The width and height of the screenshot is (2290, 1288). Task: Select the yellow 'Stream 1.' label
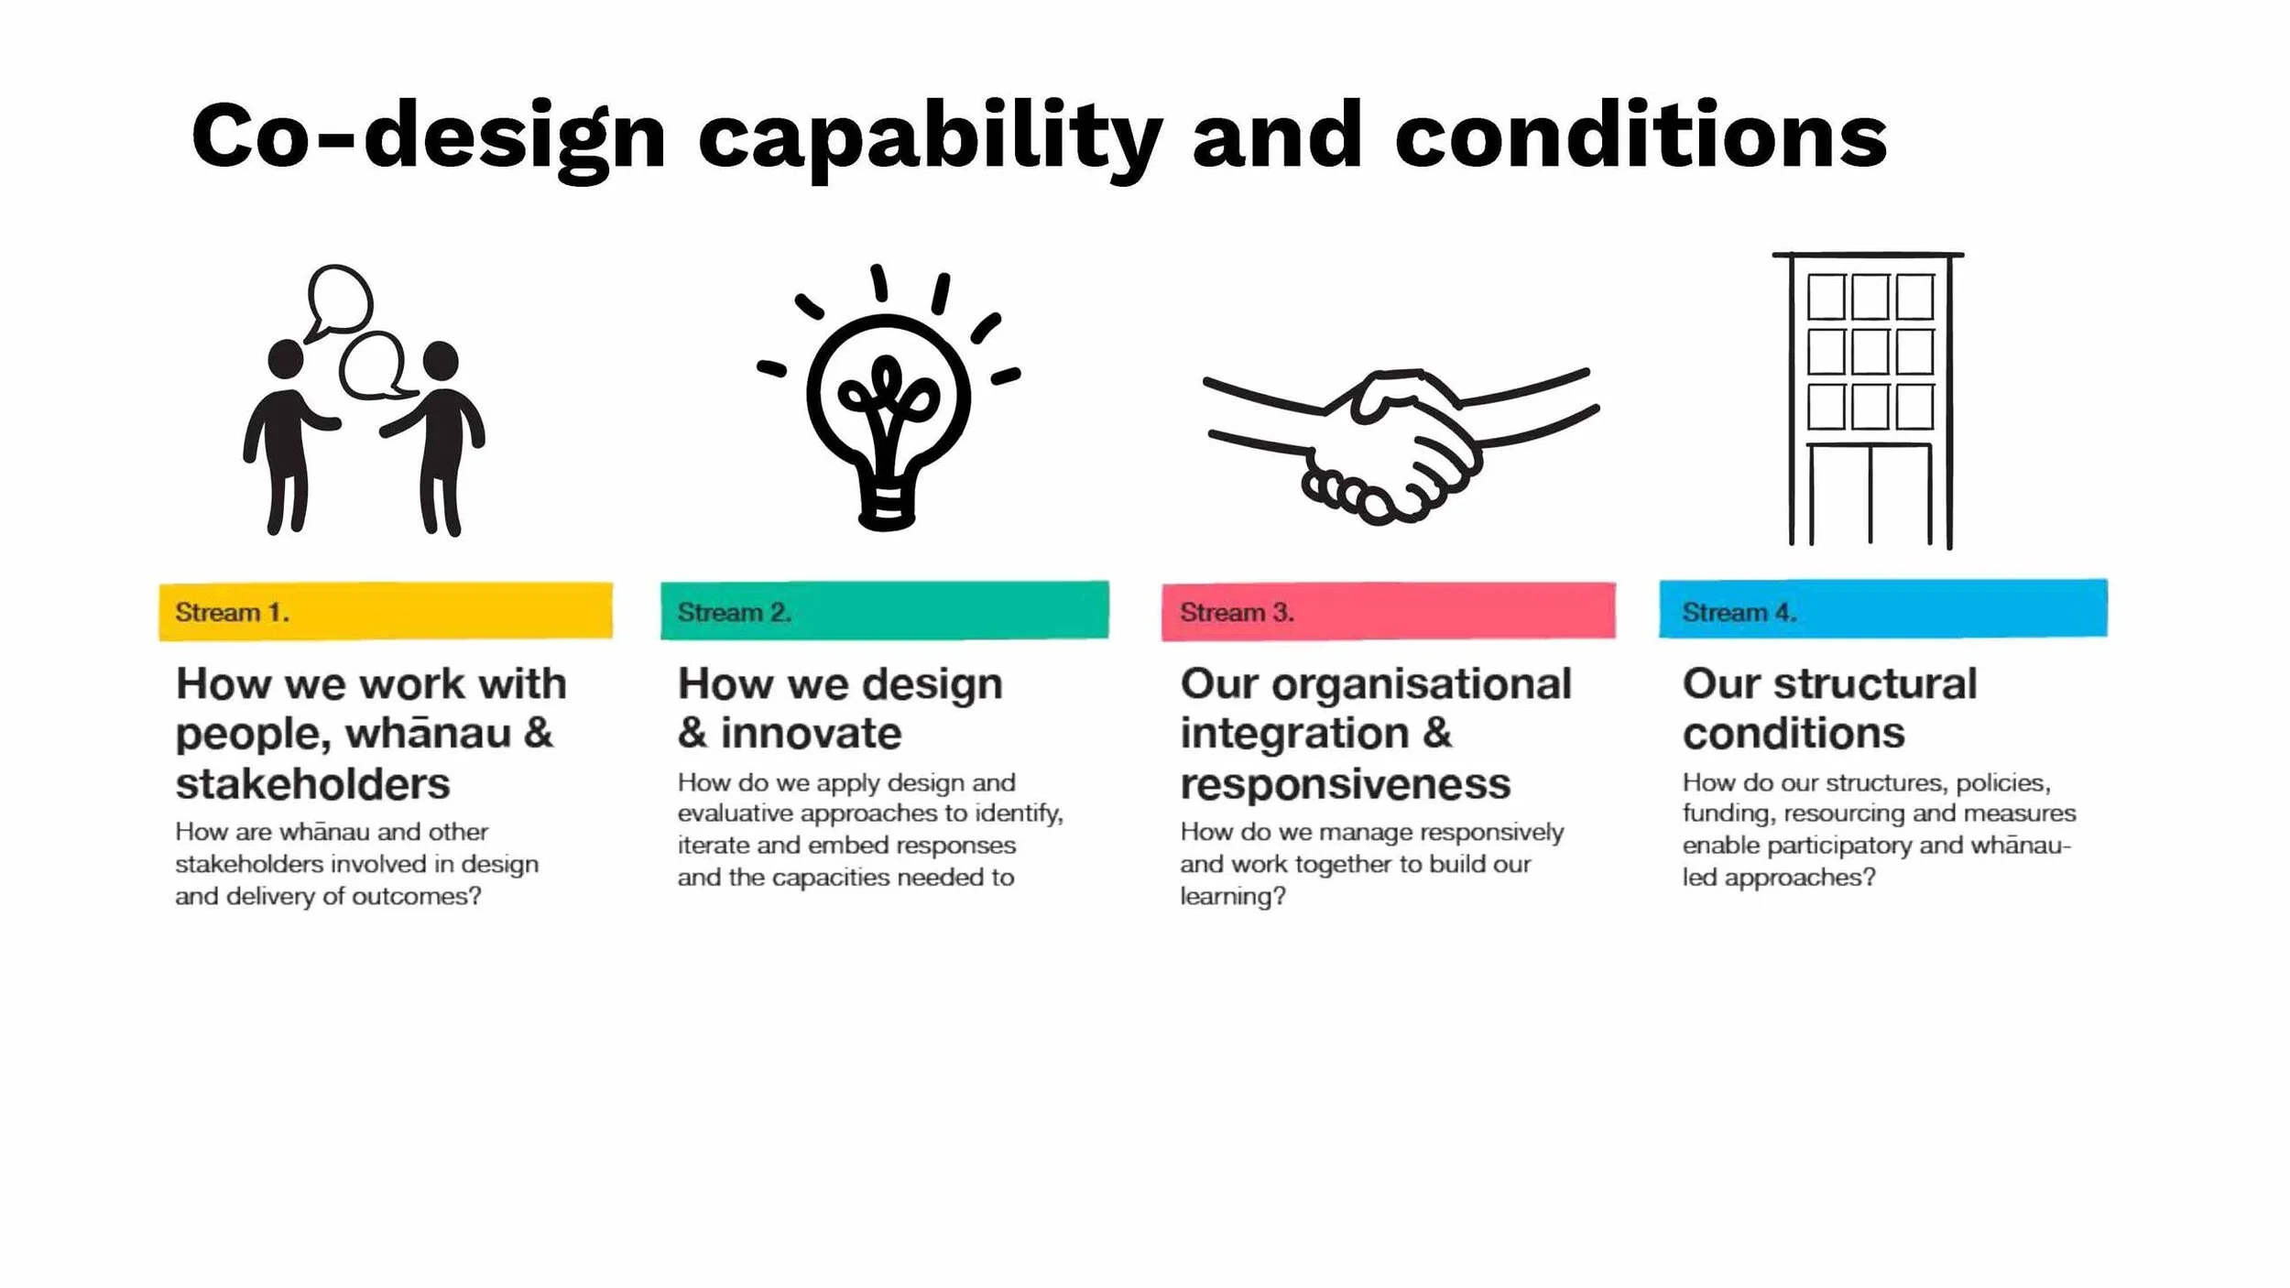(232, 612)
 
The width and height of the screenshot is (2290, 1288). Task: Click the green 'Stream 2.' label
(734, 612)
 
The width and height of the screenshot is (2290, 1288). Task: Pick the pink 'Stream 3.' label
(1237, 612)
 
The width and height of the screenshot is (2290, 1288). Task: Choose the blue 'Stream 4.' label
(1739, 612)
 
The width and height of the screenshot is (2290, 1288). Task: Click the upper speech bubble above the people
(340, 299)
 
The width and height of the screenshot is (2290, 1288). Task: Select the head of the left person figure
(285, 359)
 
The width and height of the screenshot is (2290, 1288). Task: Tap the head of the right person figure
(441, 360)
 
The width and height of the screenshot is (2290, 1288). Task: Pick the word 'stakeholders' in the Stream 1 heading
(312, 784)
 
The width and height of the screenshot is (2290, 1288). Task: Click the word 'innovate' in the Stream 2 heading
(811, 733)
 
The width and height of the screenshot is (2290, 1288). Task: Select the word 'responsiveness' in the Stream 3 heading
(1345, 784)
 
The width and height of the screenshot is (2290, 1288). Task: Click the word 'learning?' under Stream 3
(1232, 896)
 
